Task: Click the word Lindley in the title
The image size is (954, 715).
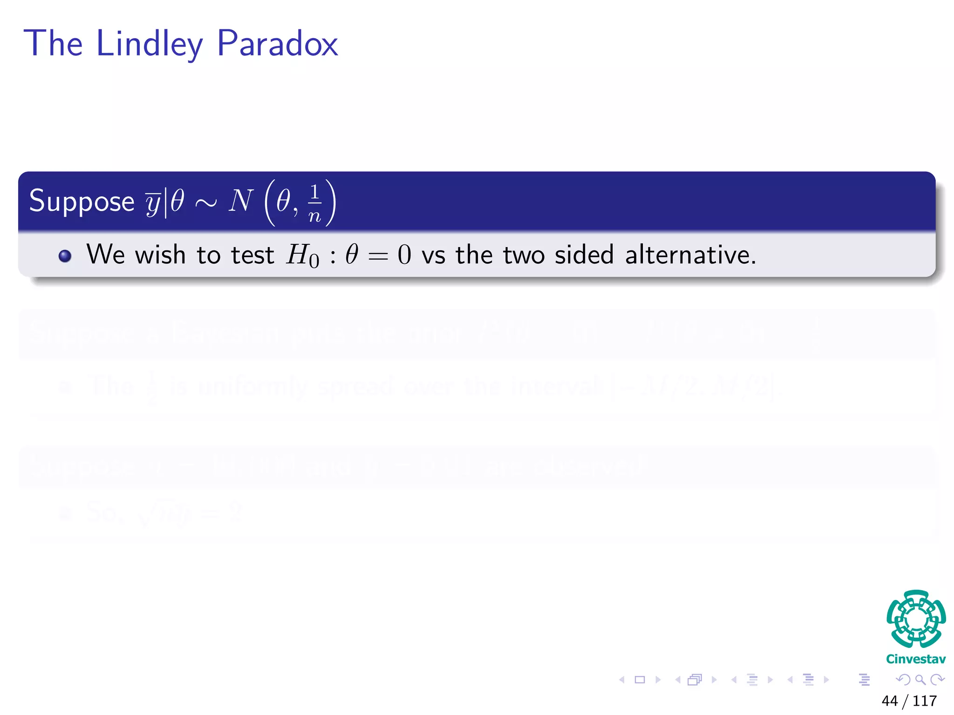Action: click(x=149, y=44)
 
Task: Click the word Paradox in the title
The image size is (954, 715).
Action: click(x=277, y=44)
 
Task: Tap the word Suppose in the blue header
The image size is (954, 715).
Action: click(x=82, y=201)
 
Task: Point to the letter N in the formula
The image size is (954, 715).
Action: click(x=241, y=201)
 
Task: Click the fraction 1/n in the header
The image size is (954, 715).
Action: click(x=315, y=203)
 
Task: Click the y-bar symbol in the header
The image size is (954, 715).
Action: click(x=153, y=203)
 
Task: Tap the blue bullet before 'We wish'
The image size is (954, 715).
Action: click(x=65, y=256)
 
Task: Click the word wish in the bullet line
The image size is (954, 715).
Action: click(x=160, y=255)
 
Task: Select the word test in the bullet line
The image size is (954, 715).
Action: click(x=252, y=255)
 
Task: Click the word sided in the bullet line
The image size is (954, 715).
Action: click(x=584, y=255)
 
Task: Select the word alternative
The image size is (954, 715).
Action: click(x=690, y=255)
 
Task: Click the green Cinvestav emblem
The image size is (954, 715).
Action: click(x=916, y=619)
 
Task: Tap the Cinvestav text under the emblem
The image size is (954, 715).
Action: click(x=916, y=659)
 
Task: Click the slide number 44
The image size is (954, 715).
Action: click(x=889, y=701)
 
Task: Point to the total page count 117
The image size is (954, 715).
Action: click(x=925, y=701)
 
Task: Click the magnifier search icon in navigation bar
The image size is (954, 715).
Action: click(x=920, y=680)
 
